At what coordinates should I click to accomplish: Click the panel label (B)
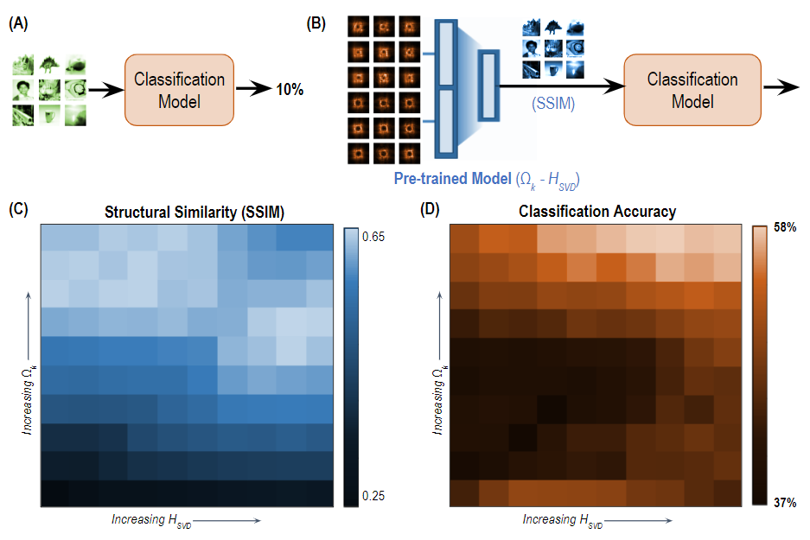[317, 24]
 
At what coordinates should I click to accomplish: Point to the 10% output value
[289, 90]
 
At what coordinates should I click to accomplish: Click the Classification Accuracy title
[597, 211]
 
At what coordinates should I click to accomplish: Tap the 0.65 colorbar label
[373, 236]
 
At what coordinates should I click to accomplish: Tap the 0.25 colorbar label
[373, 495]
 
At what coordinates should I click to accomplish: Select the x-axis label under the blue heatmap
[185, 520]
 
